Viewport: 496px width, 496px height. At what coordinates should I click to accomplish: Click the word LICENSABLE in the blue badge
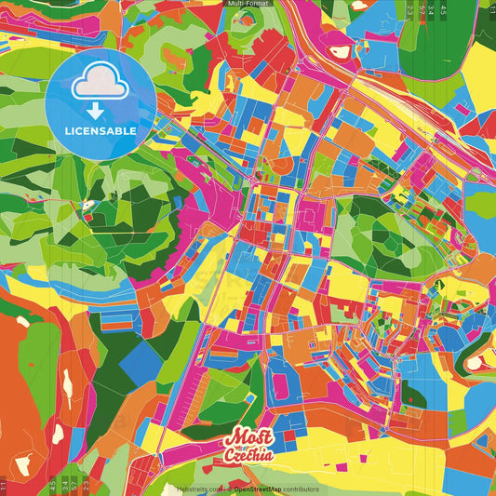pyautogui.click(x=101, y=131)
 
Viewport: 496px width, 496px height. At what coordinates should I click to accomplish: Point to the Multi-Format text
pyautogui.click(x=248, y=5)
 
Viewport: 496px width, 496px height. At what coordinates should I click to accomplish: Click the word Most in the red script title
pyautogui.click(x=242, y=438)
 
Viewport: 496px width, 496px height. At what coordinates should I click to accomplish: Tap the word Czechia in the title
pyautogui.click(x=248, y=456)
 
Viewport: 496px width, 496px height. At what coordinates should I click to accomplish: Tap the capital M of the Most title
pyautogui.click(x=232, y=438)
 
